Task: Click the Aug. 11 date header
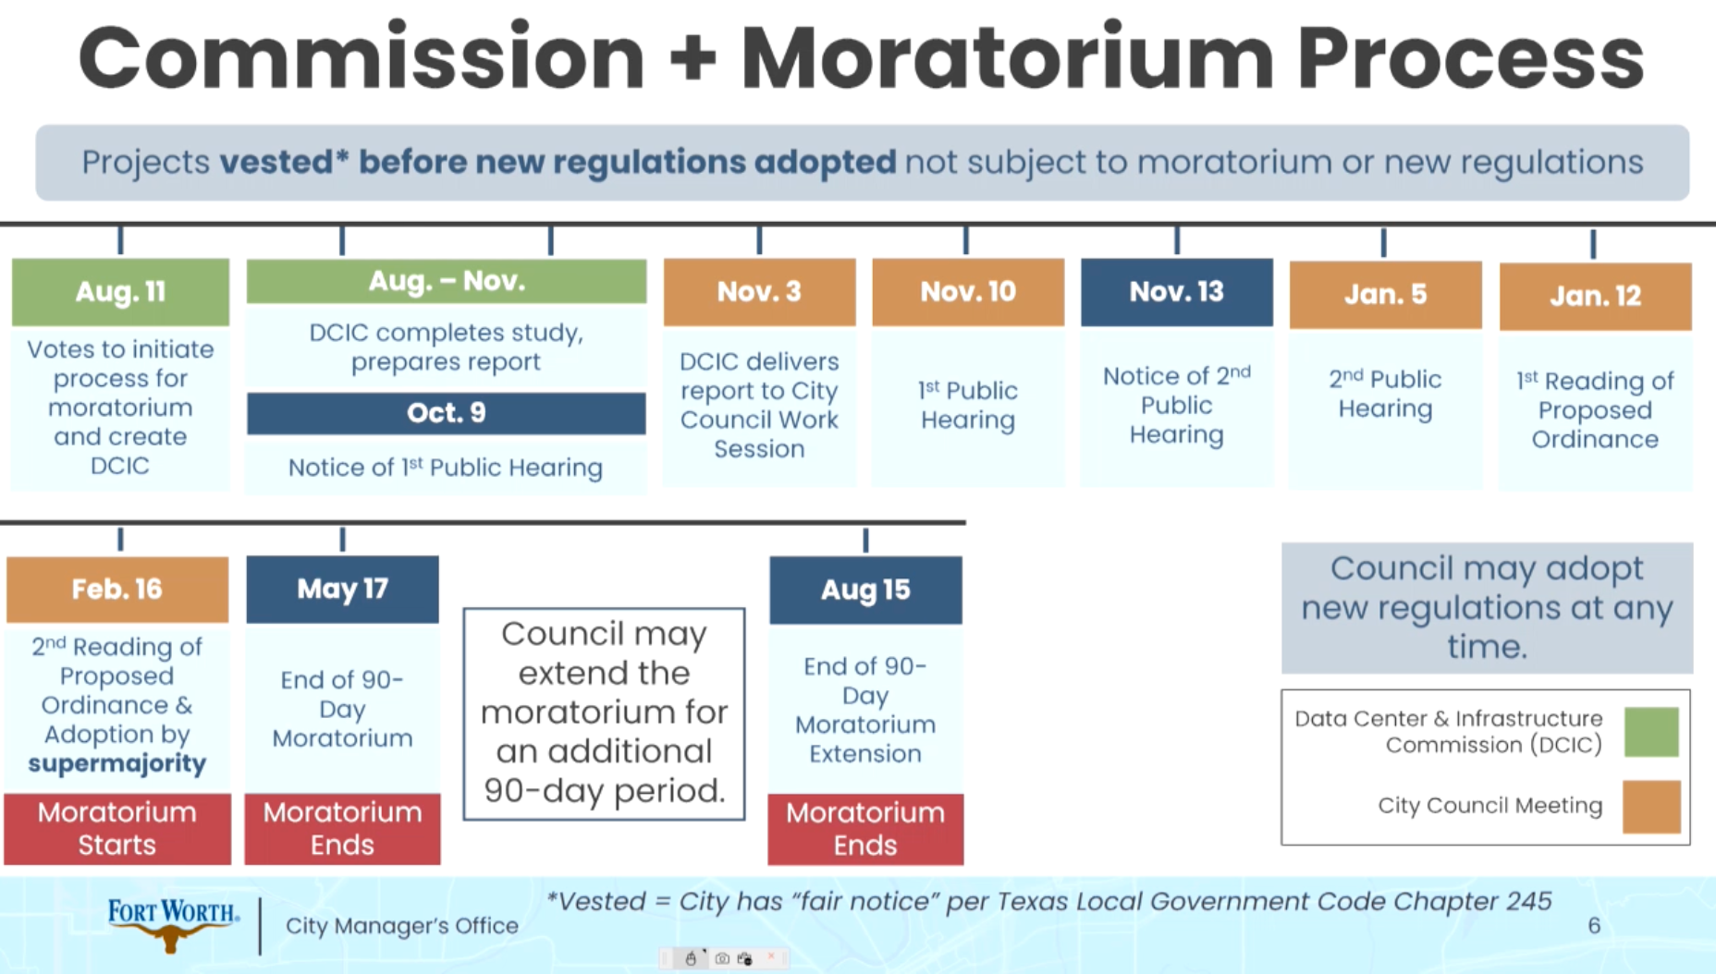click(x=120, y=292)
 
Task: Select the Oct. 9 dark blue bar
click(x=447, y=413)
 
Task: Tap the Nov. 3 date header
click(x=759, y=292)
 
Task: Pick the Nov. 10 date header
click(x=968, y=292)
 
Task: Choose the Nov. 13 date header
click(x=1177, y=292)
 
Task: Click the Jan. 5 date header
click(x=1385, y=295)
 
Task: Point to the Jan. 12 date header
click(x=1595, y=297)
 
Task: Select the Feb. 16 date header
click(x=117, y=590)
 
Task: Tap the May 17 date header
click(x=342, y=590)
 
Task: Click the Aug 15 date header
click(x=865, y=590)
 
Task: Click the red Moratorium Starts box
click(x=117, y=829)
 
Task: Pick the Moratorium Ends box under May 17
click(x=342, y=829)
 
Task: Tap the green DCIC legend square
click(x=1651, y=732)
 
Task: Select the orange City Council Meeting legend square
click(x=1651, y=807)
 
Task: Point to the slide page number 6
click(x=1594, y=925)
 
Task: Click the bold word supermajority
click(x=117, y=764)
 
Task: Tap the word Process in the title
click(x=1470, y=57)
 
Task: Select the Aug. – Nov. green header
click(x=447, y=281)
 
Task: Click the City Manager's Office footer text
click(x=402, y=926)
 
